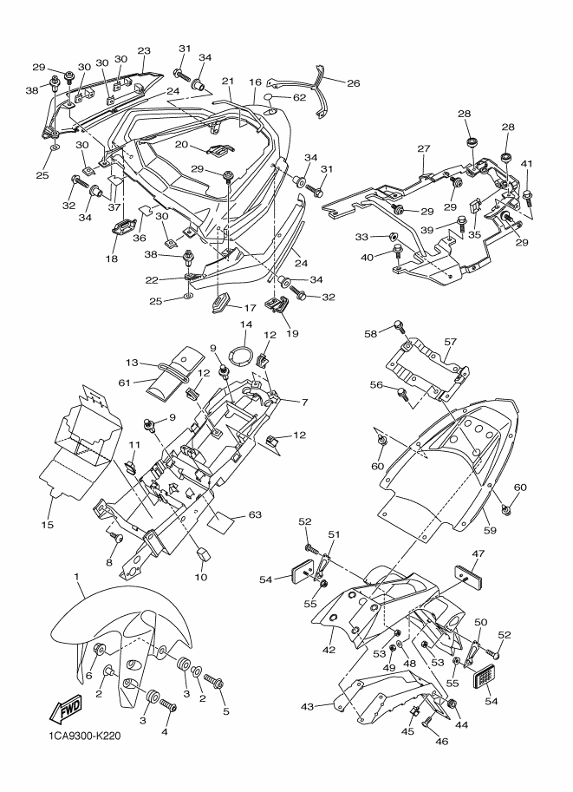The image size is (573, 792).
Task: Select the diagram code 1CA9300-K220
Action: (85, 736)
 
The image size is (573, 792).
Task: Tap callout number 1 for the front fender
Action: (77, 576)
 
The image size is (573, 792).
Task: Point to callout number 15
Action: (47, 525)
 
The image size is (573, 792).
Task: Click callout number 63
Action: (256, 514)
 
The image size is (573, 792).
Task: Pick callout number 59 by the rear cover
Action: (490, 530)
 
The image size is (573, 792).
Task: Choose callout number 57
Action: (450, 342)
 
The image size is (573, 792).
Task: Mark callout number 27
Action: (424, 148)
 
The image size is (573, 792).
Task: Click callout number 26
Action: (354, 83)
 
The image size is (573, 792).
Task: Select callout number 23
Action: (144, 51)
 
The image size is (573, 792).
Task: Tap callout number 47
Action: (478, 554)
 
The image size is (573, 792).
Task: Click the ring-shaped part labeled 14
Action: (242, 355)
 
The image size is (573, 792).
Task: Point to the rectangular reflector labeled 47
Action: (468, 574)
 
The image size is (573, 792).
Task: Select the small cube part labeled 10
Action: (203, 554)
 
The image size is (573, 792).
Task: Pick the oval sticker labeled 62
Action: (270, 97)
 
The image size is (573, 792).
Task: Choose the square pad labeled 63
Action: (221, 522)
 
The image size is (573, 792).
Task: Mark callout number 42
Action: (329, 650)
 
